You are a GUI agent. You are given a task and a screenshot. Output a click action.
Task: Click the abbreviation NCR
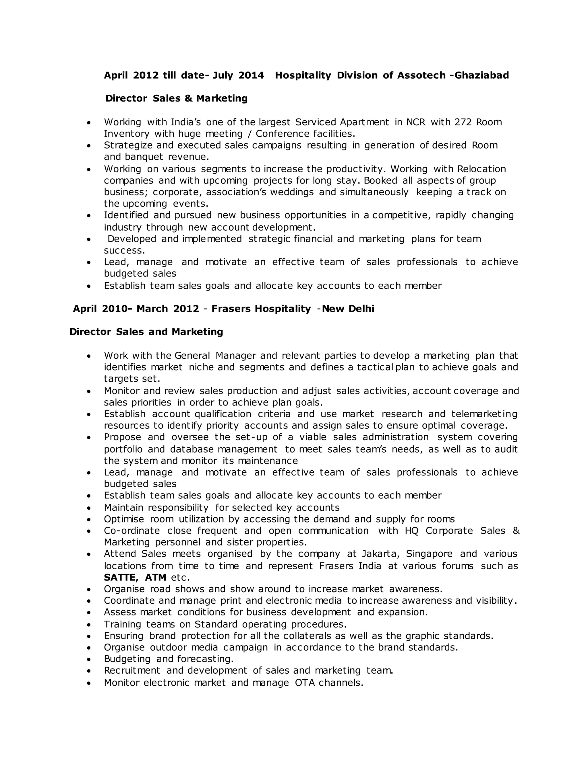tap(415, 122)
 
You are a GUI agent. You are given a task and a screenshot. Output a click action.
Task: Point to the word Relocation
tap(481, 169)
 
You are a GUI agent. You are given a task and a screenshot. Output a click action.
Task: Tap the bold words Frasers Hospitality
tap(261, 309)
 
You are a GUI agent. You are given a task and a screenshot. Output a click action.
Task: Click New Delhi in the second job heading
tap(348, 309)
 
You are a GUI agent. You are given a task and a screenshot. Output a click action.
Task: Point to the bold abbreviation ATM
tap(155, 578)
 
